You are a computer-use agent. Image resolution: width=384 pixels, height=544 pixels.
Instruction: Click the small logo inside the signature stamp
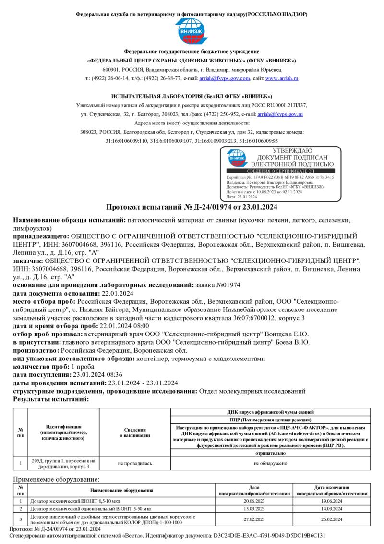click(x=237, y=158)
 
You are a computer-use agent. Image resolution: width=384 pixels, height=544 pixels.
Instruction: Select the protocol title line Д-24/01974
click(x=192, y=207)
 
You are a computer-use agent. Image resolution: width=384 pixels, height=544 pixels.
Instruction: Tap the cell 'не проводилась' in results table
click(x=135, y=463)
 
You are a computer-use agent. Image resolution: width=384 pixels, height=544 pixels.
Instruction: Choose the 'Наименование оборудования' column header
click(x=122, y=490)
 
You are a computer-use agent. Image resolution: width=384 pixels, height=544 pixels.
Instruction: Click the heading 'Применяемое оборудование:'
click(x=56, y=479)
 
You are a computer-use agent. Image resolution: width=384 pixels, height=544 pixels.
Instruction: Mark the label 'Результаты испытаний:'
click(x=51, y=399)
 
